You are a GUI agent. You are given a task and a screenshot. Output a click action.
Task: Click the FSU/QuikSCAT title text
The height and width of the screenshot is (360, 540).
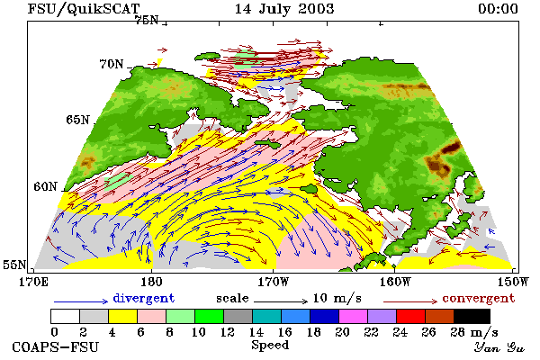pos(84,9)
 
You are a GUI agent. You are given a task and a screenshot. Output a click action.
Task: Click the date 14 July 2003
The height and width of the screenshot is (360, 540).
pos(284,9)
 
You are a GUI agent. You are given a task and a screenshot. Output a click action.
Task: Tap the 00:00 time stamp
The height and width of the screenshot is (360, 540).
pos(498,9)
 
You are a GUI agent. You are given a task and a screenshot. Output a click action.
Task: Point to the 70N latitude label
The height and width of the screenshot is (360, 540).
pos(112,64)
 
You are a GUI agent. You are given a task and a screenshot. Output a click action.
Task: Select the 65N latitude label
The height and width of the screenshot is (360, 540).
pos(77,120)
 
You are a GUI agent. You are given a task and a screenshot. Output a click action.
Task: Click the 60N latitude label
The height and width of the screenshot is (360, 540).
pos(45,186)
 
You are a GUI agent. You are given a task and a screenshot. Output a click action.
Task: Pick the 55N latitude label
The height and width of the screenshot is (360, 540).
pos(14,265)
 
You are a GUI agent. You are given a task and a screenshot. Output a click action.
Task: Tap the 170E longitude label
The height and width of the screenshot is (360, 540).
pos(33,282)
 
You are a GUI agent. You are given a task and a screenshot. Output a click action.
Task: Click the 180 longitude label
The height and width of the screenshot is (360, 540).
pos(151,282)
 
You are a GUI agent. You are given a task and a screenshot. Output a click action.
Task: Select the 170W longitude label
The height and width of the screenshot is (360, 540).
pos(274,282)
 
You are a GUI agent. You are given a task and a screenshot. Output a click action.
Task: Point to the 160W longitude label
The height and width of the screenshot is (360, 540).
pos(395,282)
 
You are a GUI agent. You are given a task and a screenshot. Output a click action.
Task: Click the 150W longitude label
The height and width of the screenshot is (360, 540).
pos(513,282)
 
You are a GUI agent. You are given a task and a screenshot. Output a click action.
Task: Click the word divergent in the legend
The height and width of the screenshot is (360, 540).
pos(144,298)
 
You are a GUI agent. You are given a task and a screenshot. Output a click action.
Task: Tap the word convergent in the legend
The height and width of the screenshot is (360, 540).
pos(479,298)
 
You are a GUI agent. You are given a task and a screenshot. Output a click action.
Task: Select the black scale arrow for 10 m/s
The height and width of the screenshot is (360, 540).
pos(281,301)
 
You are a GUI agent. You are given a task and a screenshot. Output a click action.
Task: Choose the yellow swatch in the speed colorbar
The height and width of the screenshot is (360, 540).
pos(123,316)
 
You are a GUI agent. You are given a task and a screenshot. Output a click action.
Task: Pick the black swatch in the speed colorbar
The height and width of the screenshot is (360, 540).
pos(472,316)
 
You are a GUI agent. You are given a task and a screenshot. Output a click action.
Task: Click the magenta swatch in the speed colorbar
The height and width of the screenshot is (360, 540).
pos(354,316)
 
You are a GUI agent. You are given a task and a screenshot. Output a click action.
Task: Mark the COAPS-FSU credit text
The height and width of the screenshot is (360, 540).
pos(56,347)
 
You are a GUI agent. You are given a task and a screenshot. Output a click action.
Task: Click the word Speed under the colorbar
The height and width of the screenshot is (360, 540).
pos(270,346)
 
